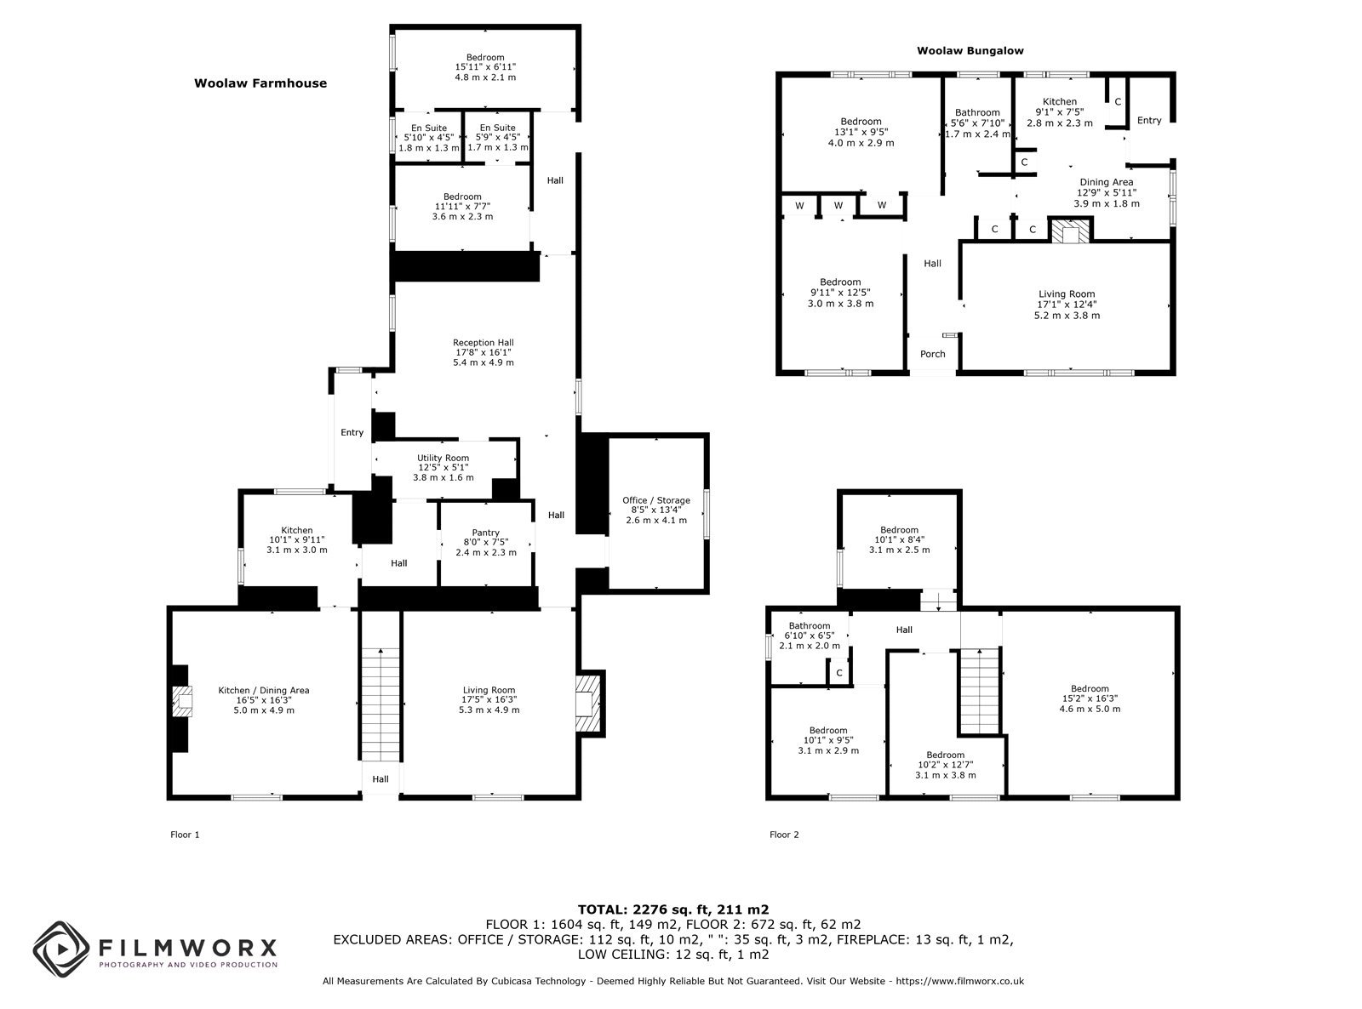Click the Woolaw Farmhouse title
click(x=260, y=83)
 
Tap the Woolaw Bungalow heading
click(x=970, y=51)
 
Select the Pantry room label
click(x=486, y=533)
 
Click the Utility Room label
click(x=443, y=458)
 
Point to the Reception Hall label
click(x=484, y=343)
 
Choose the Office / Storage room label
click(x=656, y=500)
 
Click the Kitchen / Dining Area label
click(x=263, y=691)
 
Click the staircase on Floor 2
click(x=981, y=692)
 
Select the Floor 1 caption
click(x=185, y=835)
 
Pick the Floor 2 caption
click(x=784, y=835)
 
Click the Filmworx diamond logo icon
click(x=61, y=949)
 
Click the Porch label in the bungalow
click(x=932, y=354)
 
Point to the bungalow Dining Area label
click(x=1107, y=182)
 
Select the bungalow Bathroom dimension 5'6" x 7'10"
click(x=977, y=123)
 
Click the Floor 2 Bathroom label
click(x=810, y=626)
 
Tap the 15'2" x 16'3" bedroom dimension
click(x=1090, y=698)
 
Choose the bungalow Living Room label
click(x=1067, y=294)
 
